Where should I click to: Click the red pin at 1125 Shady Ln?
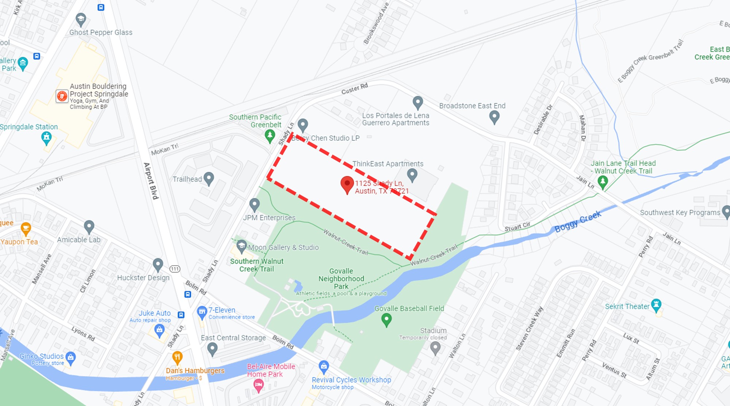tap(347, 183)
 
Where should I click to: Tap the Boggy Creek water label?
tap(577, 221)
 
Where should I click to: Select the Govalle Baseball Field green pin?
tap(386, 320)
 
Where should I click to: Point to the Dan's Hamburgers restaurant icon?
tap(177, 357)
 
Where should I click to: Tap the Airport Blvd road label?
tap(151, 181)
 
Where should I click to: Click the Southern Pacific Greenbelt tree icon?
tap(270, 136)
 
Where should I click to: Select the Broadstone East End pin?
tap(494, 117)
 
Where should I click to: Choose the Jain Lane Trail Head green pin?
tap(603, 181)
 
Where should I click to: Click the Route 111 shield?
tap(175, 269)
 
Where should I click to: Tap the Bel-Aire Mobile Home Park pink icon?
tap(258, 385)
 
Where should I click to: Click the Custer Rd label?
tap(354, 89)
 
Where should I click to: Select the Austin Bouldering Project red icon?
tap(62, 96)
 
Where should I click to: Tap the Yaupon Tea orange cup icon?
tap(26, 229)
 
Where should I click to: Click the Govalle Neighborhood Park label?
tap(341, 279)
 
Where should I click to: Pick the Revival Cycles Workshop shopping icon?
tap(324, 366)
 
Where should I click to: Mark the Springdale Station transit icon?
tap(46, 138)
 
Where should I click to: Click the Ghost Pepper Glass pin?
tap(81, 19)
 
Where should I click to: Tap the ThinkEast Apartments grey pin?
tap(412, 174)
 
